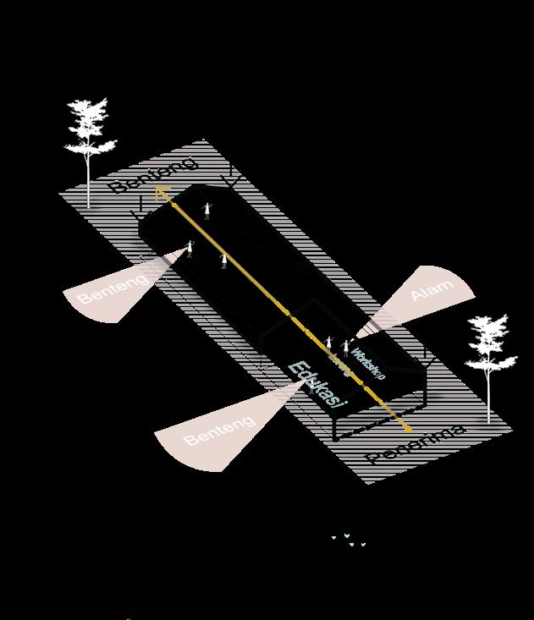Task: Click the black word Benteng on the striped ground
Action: tap(153, 175)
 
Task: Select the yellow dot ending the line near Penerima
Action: tap(409, 429)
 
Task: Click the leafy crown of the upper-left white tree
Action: tap(90, 127)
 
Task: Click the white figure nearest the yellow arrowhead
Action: tap(206, 210)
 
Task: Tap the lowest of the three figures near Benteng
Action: tap(223, 261)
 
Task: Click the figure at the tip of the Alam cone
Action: tap(346, 347)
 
